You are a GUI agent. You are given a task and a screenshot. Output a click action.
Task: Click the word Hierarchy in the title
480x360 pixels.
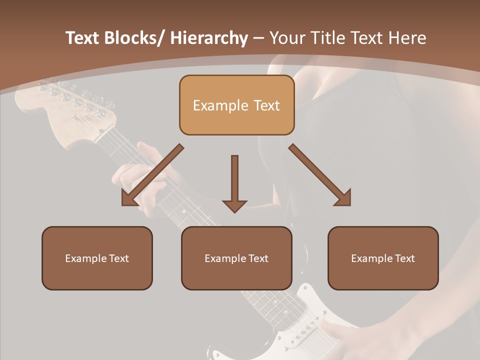pyautogui.click(x=209, y=38)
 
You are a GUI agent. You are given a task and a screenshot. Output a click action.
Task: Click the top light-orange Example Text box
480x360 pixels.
pyautogui.click(x=236, y=105)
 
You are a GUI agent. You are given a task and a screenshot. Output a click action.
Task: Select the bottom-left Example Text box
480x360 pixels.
pyautogui.click(x=97, y=258)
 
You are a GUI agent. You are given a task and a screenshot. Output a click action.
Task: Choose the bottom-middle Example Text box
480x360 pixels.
pyautogui.click(x=236, y=258)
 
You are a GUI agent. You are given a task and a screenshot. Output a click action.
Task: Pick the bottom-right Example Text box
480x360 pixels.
pyautogui.click(x=383, y=258)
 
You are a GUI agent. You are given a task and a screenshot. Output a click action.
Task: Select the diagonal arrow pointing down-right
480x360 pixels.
pyautogui.click(x=320, y=175)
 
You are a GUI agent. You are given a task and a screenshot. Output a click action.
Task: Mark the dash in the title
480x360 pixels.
pyautogui.click(x=258, y=38)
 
